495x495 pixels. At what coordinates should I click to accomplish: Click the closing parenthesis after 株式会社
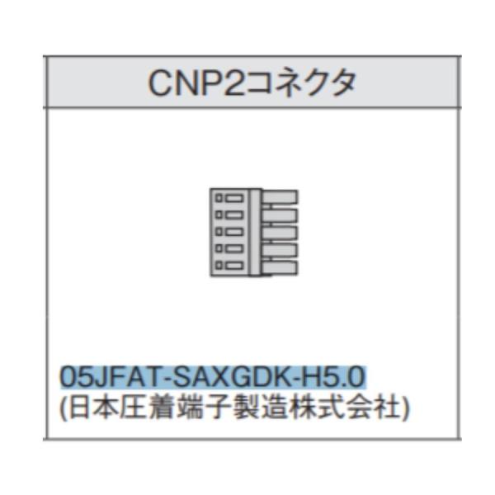point(403,407)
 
